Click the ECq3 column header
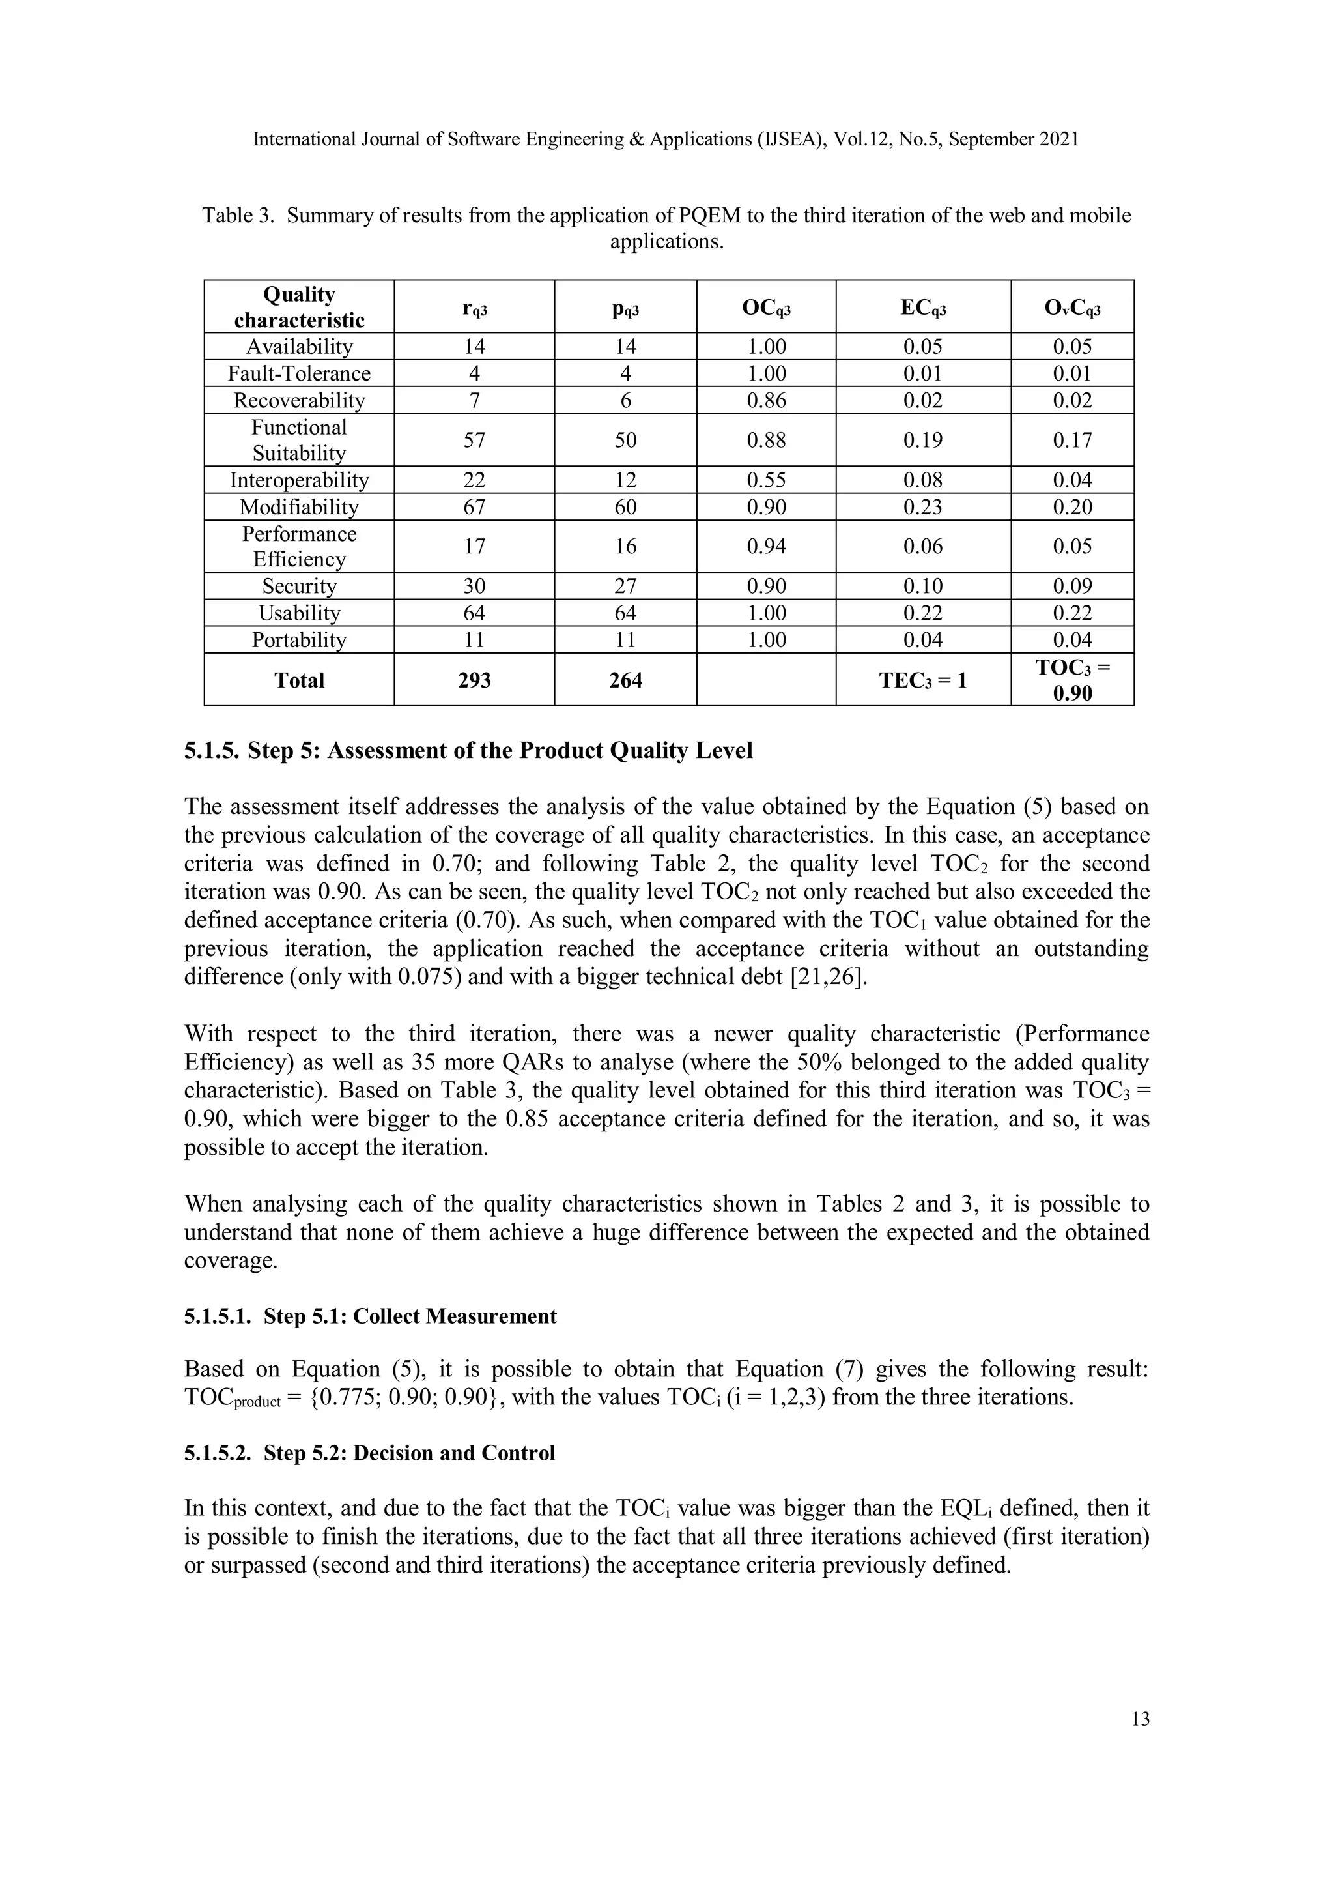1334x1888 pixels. pos(922,308)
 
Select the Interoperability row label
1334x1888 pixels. pos(299,480)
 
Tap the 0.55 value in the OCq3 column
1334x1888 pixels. pos(766,480)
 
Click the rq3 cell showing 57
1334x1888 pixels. pos(474,441)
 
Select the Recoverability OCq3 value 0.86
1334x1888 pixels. pos(766,401)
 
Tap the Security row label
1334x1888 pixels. pos(299,587)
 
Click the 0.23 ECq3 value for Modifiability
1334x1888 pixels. pos(922,508)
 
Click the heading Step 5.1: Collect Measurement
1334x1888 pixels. pos(370,1316)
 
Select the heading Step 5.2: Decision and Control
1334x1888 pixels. pos(369,1453)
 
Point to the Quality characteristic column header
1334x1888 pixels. pos(299,308)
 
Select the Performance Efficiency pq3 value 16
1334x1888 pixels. pos(625,547)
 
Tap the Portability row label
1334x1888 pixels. pos(299,641)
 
